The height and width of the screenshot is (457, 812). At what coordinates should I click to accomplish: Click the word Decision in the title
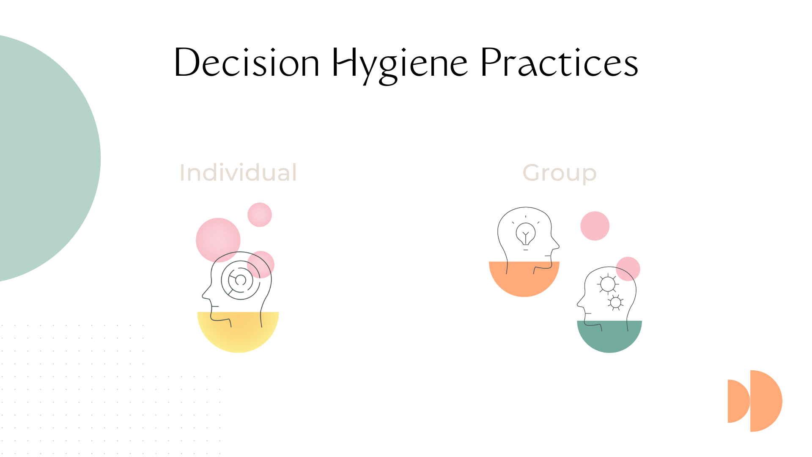[x=247, y=63]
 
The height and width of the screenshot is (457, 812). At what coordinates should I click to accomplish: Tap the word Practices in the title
[x=559, y=63]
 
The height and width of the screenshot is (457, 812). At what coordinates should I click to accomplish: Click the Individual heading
[x=238, y=173]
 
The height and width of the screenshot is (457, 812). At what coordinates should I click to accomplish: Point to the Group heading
[x=560, y=173]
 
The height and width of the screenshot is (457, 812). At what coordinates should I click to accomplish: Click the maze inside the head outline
[x=240, y=280]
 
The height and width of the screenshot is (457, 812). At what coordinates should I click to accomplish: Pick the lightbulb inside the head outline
[x=526, y=234]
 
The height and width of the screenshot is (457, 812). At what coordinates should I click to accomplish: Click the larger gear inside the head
[x=608, y=284]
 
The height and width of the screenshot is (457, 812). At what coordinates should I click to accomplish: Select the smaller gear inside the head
[x=615, y=302]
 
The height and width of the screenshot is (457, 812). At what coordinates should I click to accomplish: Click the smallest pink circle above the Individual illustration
[x=259, y=215]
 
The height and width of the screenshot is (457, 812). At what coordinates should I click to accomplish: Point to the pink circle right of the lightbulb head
[x=595, y=226]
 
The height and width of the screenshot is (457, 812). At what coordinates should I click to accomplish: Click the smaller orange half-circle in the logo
[x=738, y=401]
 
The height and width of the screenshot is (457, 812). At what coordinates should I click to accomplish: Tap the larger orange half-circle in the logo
[x=765, y=401]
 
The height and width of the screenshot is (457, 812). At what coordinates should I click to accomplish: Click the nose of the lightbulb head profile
[x=557, y=245]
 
